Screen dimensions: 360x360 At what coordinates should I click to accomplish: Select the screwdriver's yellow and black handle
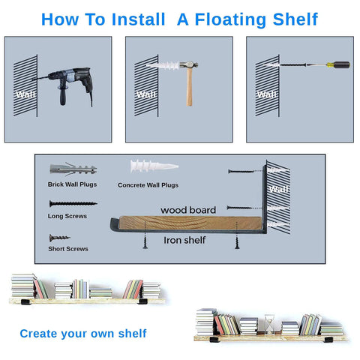click(338, 65)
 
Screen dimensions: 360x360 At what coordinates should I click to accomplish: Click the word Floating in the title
click(230, 19)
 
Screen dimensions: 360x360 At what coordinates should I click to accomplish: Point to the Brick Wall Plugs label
click(72, 184)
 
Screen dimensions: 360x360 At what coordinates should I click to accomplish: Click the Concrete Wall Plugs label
click(148, 185)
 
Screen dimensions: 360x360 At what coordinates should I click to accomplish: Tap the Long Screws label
click(67, 216)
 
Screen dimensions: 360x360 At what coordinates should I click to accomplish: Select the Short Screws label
click(68, 249)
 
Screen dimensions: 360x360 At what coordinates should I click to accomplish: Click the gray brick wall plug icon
click(73, 169)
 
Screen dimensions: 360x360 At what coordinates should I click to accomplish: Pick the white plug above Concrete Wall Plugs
click(154, 166)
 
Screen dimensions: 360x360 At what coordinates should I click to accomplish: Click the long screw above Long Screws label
click(73, 203)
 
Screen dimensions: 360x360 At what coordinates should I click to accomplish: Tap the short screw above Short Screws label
click(59, 238)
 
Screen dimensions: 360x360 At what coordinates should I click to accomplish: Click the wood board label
click(188, 210)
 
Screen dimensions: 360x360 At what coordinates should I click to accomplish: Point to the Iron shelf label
click(184, 240)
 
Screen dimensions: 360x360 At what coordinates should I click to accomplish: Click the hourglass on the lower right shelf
click(269, 325)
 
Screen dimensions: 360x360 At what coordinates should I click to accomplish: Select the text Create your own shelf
click(83, 334)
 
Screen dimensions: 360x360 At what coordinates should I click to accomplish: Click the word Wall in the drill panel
click(25, 94)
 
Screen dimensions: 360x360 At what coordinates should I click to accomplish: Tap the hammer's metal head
click(189, 64)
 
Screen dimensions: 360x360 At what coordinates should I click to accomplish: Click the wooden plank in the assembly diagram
click(190, 223)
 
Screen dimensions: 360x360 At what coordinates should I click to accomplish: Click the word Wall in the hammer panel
click(147, 94)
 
